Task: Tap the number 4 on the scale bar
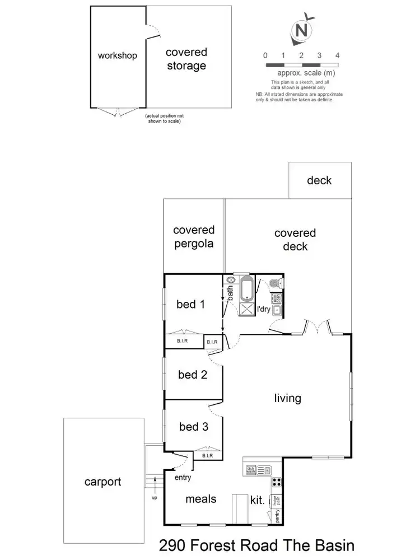pyautogui.click(x=337, y=55)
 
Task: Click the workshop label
pyautogui.click(x=117, y=55)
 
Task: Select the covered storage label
pyautogui.click(x=186, y=59)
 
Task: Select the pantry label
pyautogui.click(x=278, y=516)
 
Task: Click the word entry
pyautogui.click(x=183, y=477)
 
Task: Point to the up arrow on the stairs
pyautogui.click(x=154, y=492)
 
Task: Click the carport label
pyautogui.click(x=102, y=482)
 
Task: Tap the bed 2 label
pyautogui.click(x=193, y=375)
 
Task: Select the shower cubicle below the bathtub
pyautogui.click(x=246, y=308)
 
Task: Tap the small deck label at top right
pyautogui.click(x=319, y=180)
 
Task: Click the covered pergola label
pyautogui.click(x=194, y=237)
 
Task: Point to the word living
pyautogui.click(x=287, y=398)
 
